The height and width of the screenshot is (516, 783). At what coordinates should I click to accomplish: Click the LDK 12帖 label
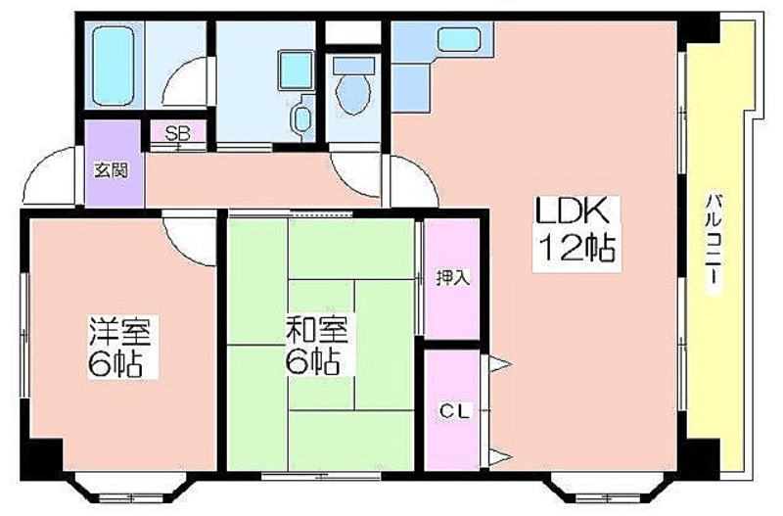point(576,232)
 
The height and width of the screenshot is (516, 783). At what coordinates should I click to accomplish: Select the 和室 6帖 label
point(315,345)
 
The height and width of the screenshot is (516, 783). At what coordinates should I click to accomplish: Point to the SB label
point(177,133)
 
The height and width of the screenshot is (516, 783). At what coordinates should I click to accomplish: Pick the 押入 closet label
point(453,277)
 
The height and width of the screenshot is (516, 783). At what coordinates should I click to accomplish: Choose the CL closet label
point(454,411)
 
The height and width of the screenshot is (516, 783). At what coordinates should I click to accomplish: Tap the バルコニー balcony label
point(714,241)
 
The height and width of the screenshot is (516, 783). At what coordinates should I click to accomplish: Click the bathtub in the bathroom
point(114,65)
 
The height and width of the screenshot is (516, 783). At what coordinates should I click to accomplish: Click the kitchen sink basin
point(459,39)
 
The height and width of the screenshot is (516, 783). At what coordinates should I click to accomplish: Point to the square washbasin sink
point(296,70)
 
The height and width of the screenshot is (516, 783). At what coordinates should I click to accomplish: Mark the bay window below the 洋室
point(131,491)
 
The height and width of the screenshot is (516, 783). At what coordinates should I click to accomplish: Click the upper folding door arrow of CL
point(500,364)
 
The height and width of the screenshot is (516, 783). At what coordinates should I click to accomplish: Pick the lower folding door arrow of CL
point(500,457)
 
